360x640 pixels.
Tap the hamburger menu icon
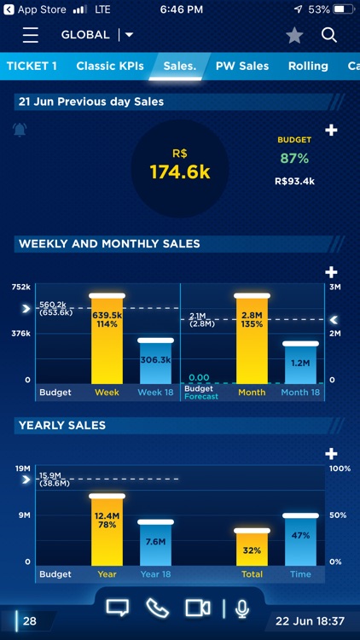(x=31, y=35)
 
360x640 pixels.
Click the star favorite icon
(x=294, y=35)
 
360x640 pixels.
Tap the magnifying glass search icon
(x=329, y=35)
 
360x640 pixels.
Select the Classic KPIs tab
(x=110, y=66)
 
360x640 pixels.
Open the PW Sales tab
(x=242, y=66)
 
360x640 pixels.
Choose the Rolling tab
(x=308, y=66)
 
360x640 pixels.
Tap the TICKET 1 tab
(x=32, y=66)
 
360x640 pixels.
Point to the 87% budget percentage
(x=294, y=159)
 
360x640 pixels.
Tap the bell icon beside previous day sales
(x=20, y=130)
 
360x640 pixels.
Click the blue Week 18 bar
(x=155, y=362)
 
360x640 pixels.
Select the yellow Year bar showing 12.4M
(x=107, y=529)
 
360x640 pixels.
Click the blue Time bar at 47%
(x=300, y=539)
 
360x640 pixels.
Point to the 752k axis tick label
(x=22, y=287)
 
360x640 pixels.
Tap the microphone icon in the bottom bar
(x=242, y=608)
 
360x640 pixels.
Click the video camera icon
(x=198, y=608)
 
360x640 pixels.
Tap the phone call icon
(x=158, y=608)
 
